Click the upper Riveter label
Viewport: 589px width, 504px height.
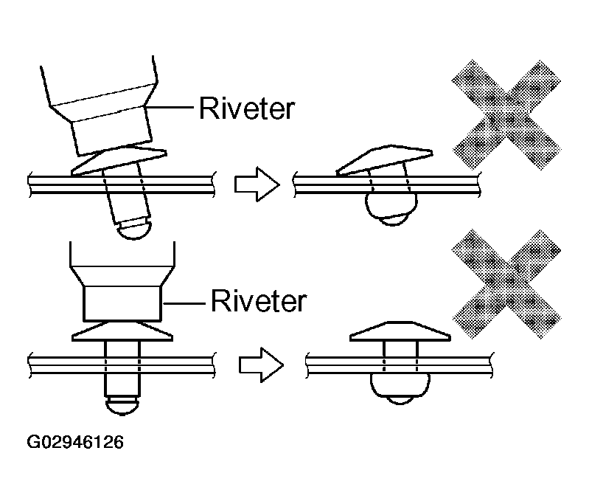point(247,109)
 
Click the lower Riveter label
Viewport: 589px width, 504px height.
point(258,301)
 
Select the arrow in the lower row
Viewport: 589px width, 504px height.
point(261,362)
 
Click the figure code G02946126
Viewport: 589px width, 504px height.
point(76,443)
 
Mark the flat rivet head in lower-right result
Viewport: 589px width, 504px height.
point(400,333)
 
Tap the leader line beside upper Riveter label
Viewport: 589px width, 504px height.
point(170,109)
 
